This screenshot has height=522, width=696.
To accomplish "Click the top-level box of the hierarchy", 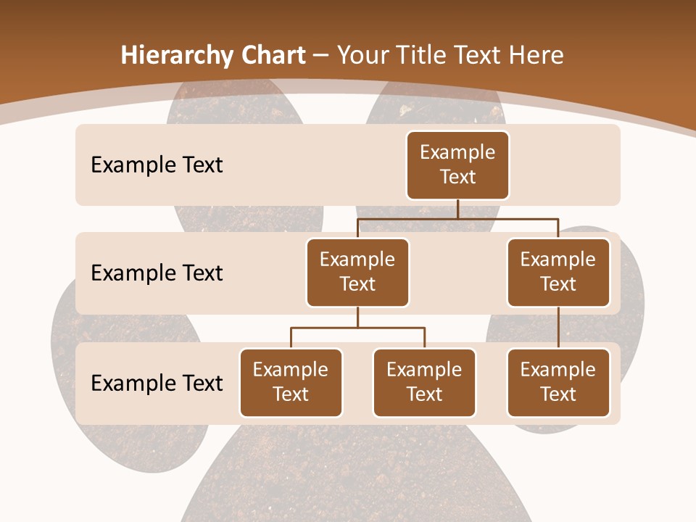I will pyautogui.click(x=457, y=165).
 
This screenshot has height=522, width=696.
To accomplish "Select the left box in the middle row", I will pyautogui.click(x=357, y=272).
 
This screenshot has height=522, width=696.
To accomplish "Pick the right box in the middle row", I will pyautogui.click(x=558, y=272).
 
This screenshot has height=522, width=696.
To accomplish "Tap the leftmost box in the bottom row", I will pyautogui.click(x=291, y=382).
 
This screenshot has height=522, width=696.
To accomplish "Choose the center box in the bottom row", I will pyautogui.click(x=424, y=382).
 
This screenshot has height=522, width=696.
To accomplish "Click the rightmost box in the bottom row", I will pyautogui.click(x=558, y=382).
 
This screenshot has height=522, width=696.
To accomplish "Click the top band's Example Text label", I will pyautogui.click(x=157, y=165).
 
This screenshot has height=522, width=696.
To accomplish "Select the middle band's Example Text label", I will pyautogui.click(x=157, y=273).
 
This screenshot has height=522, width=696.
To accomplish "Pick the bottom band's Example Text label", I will pyautogui.click(x=157, y=383).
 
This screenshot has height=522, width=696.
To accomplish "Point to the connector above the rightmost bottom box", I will pyautogui.click(x=558, y=328).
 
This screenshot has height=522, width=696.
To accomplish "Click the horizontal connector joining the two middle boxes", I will pyautogui.click(x=457, y=218).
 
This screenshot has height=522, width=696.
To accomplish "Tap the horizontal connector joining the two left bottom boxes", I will pyautogui.click(x=357, y=328).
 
